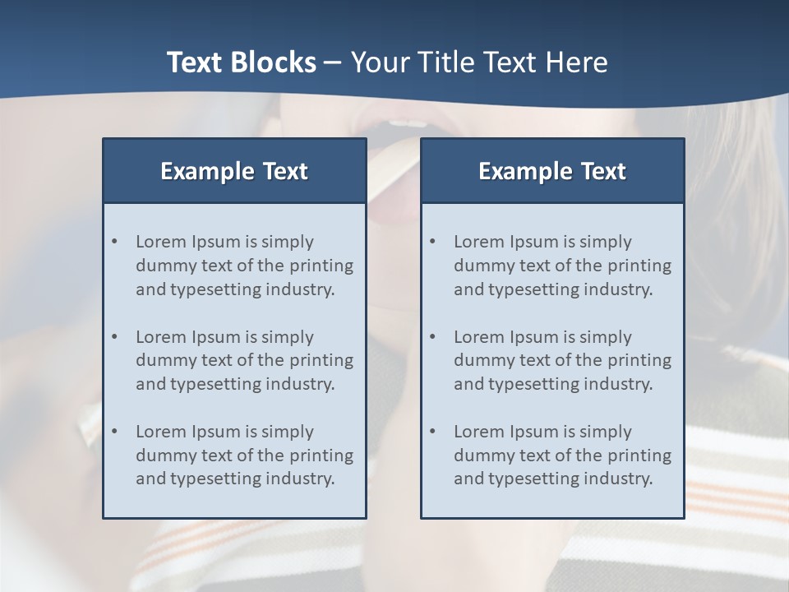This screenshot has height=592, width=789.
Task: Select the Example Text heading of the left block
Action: point(234,171)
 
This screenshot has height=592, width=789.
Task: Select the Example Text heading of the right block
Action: point(552,171)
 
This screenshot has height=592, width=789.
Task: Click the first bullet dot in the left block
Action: point(115,242)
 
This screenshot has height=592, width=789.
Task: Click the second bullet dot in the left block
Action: point(115,337)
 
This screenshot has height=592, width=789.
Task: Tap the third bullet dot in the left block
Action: point(115,432)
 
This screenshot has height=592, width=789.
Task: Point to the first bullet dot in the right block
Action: point(433,242)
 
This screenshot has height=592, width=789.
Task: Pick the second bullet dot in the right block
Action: point(433,337)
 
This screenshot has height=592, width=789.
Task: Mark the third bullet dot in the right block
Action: point(433,432)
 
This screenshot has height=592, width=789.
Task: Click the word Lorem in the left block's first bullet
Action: point(160,242)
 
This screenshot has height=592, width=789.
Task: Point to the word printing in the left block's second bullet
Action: point(322,360)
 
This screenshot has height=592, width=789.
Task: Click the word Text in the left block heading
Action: point(285,171)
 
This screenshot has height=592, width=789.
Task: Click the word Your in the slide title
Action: point(375,62)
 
